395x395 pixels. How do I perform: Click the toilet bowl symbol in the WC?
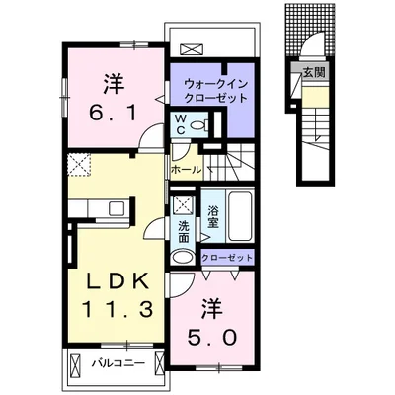coord(197,126)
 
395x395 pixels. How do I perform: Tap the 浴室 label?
coord(212,216)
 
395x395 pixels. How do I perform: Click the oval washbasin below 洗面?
coord(184,257)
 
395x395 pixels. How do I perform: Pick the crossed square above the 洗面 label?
coord(184,205)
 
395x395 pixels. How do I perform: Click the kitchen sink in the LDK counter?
coord(116,208)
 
